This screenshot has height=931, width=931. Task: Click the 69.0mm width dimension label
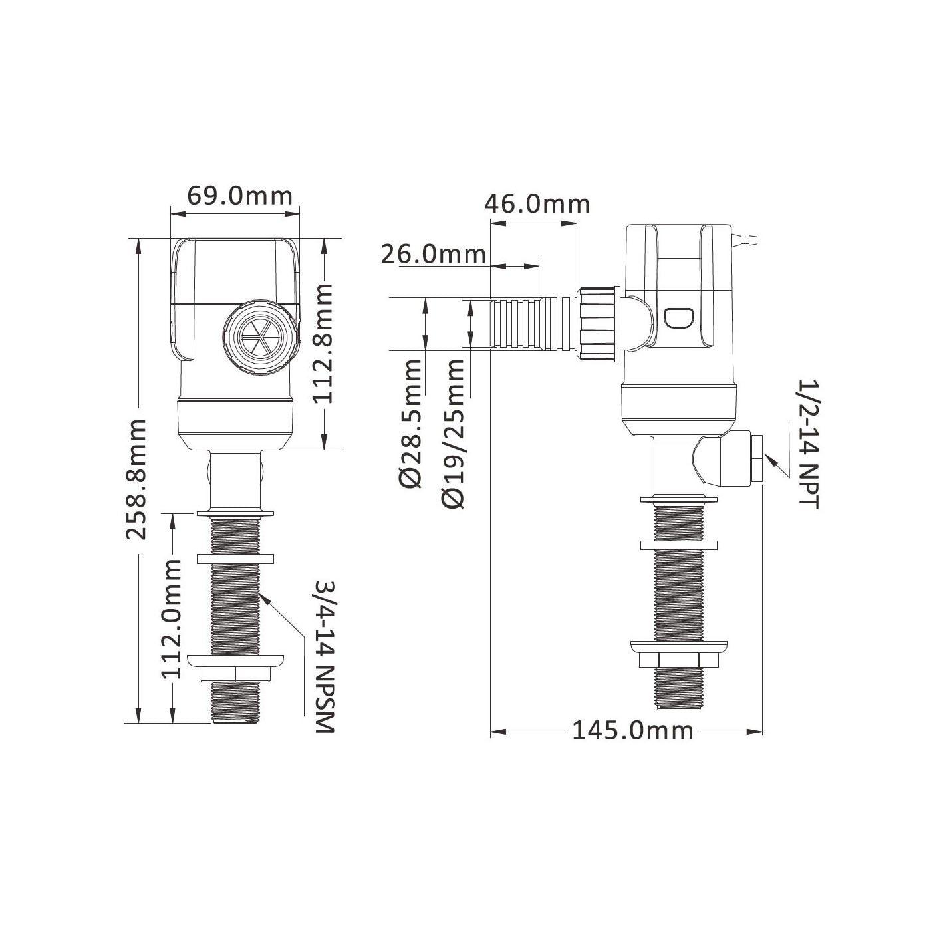click(x=239, y=196)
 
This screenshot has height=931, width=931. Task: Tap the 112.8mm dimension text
click(x=323, y=344)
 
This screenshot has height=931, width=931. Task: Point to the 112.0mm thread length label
click(x=172, y=618)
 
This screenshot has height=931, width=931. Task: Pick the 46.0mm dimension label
click(x=537, y=203)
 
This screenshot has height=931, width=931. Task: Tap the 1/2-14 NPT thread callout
click(x=809, y=444)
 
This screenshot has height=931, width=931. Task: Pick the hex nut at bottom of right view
click(x=679, y=661)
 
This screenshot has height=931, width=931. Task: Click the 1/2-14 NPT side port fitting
click(x=755, y=459)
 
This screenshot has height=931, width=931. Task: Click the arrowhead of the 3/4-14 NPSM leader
click(x=265, y=595)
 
